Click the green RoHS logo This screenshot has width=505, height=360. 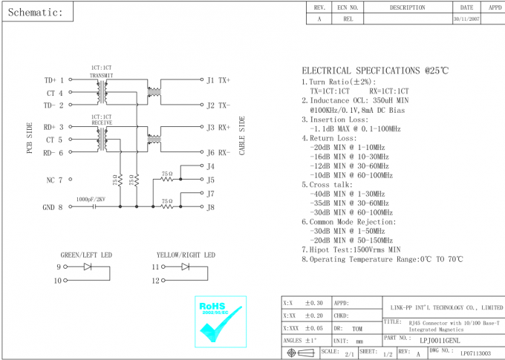point(220,322)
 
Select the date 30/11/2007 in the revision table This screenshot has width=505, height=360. point(466,20)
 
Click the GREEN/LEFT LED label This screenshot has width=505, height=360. point(86,255)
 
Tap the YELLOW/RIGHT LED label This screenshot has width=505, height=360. point(186,255)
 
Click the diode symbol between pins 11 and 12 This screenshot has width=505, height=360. point(186,266)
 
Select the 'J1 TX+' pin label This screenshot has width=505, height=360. point(218,80)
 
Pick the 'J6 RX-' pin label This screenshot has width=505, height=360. point(218,153)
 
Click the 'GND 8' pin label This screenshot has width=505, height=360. point(53,207)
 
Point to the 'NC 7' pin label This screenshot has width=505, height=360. point(55,180)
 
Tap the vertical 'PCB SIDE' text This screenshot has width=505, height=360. point(30,138)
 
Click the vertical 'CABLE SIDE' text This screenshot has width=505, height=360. point(241,135)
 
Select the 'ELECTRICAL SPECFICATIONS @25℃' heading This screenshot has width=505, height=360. point(374,71)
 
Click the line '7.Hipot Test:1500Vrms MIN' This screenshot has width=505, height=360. point(351,250)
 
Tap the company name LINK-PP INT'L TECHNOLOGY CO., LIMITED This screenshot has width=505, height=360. point(446,307)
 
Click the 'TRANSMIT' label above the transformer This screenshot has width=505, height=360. point(101,76)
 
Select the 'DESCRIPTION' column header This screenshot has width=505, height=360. point(408,7)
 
